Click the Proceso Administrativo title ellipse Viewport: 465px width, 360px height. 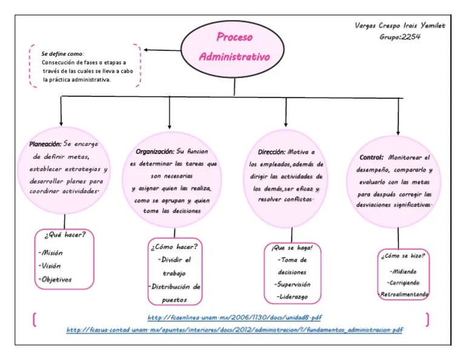pyautogui.click(x=234, y=48)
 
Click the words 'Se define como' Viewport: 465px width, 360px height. pyautogui.click(x=63, y=54)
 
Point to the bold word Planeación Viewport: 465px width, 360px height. pyautogui.click(x=45, y=144)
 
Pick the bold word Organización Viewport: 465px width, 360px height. pyautogui.click(x=154, y=151)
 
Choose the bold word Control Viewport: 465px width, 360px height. pyautogui.click(x=371, y=157)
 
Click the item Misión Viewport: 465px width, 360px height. pyautogui.click(x=51, y=253)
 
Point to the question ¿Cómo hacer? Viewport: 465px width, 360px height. pyautogui.click(x=174, y=247)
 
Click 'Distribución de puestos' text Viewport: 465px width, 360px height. pyautogui.click(x=174, y=293)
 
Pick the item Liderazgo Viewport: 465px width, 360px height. pyautogui.click(x=293, y=296)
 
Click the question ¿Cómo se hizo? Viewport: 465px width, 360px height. pyautogui.click(x=403, y=256)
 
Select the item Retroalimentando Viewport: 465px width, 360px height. pyautogui.click(x=404, y=294)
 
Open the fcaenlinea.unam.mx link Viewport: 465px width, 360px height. pyautogui.click(x=235, y=318)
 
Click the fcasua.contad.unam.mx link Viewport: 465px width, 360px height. pyautogui.click(x=235, y=330)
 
